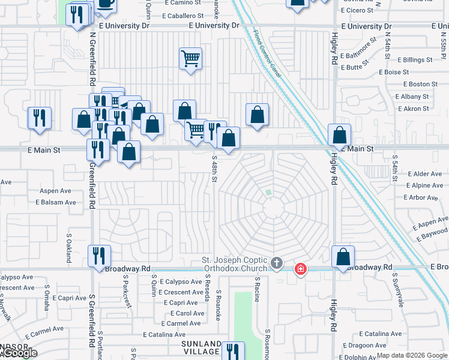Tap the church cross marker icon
pyautogui.click(x=277, y=263)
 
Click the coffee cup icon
pyautogui.click(x=106, y=3)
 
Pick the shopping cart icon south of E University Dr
pyautogui.click(x=190, y=59)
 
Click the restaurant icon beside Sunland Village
pyautogui.click(x=232, y=351)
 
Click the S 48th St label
pyautogui.click(x=214, y=169)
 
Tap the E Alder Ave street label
pyautogui.click(x=425, y=174)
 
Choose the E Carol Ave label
pyautogui.click(x=187, y=313)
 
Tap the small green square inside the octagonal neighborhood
pyautogui.click(x=269, y=193)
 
